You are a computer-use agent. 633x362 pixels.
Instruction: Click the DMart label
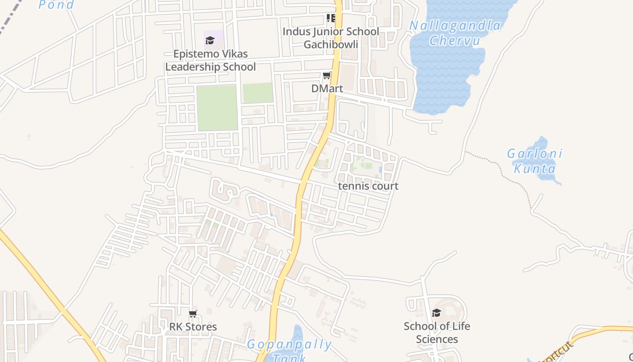point(327,89)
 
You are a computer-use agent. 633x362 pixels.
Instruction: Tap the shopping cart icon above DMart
point(326,76)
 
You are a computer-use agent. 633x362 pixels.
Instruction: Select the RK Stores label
point(193,327)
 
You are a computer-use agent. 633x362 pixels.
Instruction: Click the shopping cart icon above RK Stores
point(193,314)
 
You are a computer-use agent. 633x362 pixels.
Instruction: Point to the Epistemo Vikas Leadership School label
point(211,60)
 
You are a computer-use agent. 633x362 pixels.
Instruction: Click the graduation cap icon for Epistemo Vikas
point(210,40)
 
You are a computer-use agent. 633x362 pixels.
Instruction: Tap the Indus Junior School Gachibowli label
point(331,38)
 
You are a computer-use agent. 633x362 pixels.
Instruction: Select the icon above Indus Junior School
point(331,18)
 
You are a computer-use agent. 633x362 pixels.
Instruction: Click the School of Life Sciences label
point(437,333)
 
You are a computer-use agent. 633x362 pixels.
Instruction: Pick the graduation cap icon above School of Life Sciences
point(436,313)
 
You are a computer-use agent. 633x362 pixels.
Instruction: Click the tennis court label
point(368,186)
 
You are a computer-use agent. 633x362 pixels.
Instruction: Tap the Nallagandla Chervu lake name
point(455,33)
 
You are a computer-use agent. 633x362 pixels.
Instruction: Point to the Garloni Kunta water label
point(534,161)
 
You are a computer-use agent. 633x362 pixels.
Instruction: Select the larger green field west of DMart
point(217,108)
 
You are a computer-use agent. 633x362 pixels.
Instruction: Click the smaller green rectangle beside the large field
point(258,93)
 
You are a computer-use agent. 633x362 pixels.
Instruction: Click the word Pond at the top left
point(57,5)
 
